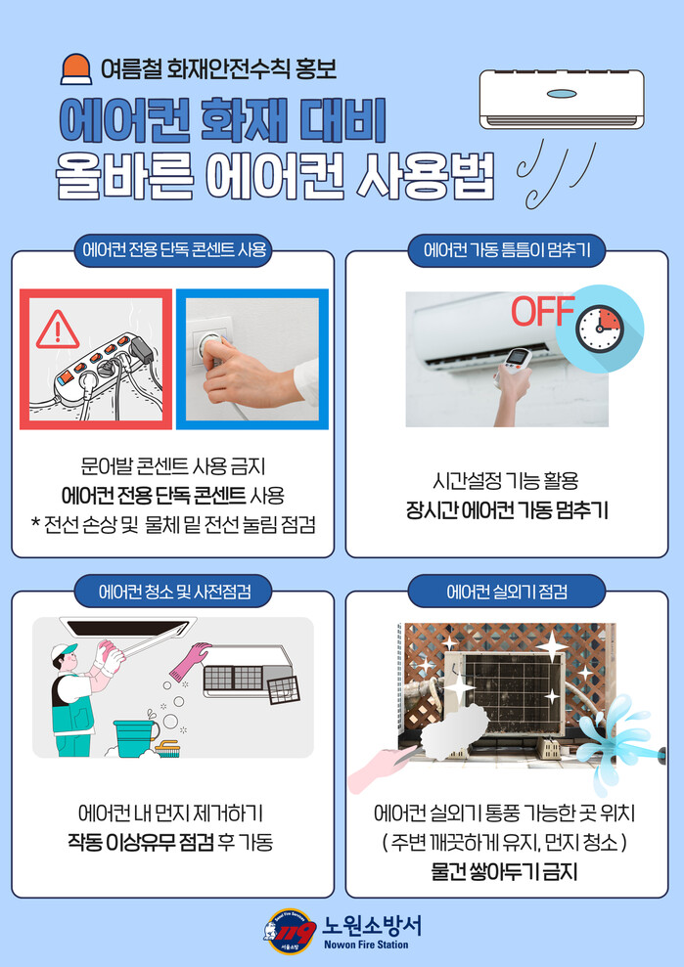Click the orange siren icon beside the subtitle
(x=76, y=68)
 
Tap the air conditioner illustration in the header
(x=562, y=100)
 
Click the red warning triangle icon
(x=58, y=330)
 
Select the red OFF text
(x=543, y=312)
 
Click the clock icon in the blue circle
(x=600, y=330)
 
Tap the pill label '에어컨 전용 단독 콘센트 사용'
(x=173, y=249)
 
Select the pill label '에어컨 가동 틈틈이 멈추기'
(x=506, y=249)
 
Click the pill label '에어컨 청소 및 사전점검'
(x=173, y=592)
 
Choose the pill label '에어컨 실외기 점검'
(x=506, y=592)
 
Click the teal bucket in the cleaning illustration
(x=134, y=737)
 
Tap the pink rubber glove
(x=190, y=661)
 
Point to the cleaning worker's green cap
(x=64, y=651)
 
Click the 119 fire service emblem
(x=290, y=932)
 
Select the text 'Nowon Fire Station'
(x=366, y=945)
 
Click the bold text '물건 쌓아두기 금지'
(x=504, y=871)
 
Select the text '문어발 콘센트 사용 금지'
(x=173, y=466)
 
